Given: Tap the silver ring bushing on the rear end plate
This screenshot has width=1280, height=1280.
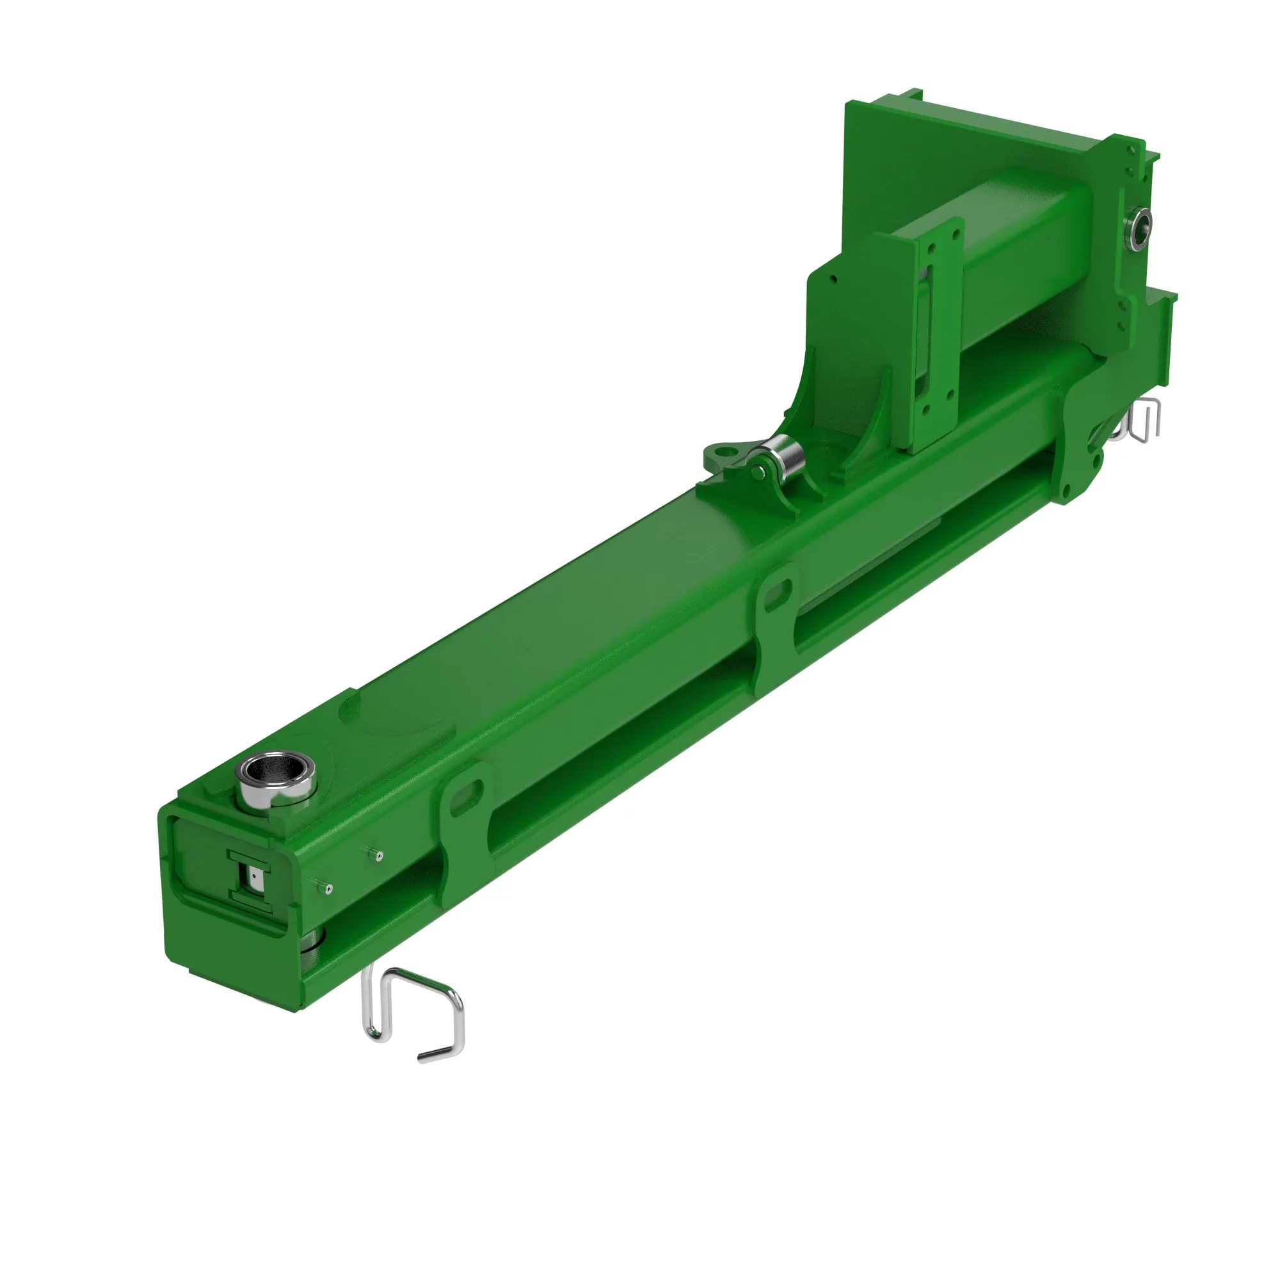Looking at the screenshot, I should tap(1141, 225).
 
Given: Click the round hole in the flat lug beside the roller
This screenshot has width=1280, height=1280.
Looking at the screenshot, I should tap(727, 452).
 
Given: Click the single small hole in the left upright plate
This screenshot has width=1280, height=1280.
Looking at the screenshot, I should tap(834, 279).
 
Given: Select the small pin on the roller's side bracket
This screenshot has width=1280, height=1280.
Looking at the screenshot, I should tap(758, 471).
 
